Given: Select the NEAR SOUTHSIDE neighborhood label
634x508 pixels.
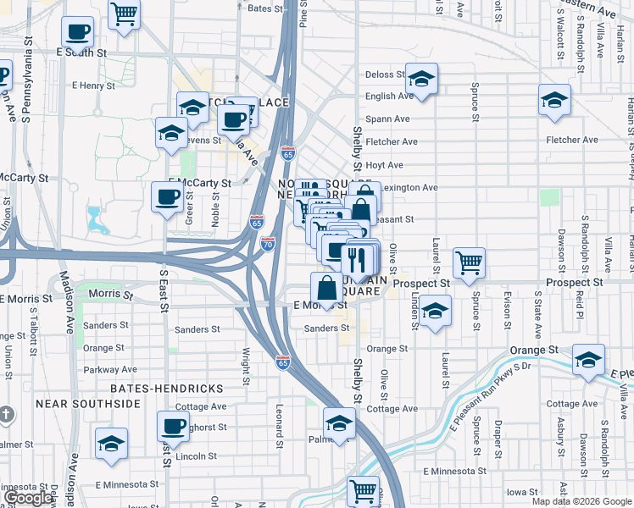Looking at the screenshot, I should (x=87, y=404).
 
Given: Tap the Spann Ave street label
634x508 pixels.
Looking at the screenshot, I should (x=387, y=119).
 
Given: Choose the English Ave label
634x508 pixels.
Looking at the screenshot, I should (x=388, y=97).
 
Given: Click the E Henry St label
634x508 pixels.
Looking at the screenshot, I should (x=93, y=86).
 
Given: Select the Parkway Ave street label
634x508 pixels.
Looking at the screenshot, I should (x=110, y=369).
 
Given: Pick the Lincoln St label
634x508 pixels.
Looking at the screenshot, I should (x=197, y=456).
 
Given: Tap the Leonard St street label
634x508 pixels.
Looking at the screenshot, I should (x=278, y=424).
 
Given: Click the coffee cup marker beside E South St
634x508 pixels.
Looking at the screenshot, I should (x=77, y=34).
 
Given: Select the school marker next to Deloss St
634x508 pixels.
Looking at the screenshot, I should (x=421, y=80).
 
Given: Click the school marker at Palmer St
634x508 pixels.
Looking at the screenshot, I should (x=339, y=423).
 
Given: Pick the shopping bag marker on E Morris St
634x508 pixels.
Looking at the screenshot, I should (x=327, y=288).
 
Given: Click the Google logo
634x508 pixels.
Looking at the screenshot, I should (x=29, y=499).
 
